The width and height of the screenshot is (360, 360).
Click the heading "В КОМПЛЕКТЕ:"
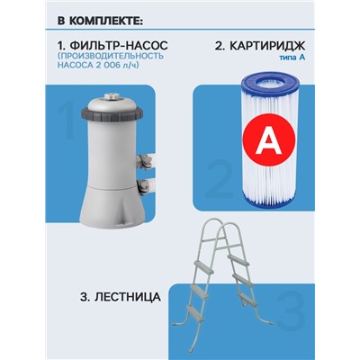point(86,20)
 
